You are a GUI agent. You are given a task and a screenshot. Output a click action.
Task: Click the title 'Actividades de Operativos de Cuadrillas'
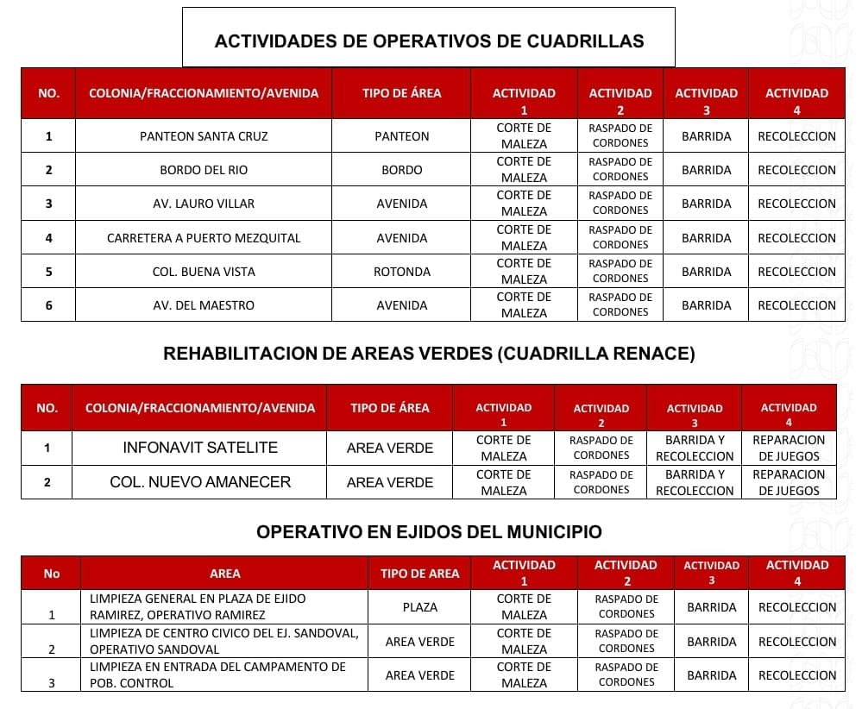pyautogui.click(x=429, y=41)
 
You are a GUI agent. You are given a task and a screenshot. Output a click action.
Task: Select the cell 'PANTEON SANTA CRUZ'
pyautogui.click(x=204, y=136)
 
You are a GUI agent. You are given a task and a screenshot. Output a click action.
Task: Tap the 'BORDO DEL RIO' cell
pyautogui.click(x=204, y=170)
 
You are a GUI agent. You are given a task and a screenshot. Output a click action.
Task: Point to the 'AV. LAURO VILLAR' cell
pyautogui.click(x=204, y=204)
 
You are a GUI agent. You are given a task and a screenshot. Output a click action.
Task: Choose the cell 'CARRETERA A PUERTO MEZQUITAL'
pyautogui.click(x=204, y=238)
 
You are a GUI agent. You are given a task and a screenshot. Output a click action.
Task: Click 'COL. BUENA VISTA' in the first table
pyautogui.click(x=204, y=272)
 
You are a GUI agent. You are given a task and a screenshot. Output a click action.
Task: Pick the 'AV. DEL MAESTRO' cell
pyautogui.click(x=204, y=305)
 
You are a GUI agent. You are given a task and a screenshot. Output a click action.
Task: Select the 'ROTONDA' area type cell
pyautogui.click(x=401, y=272)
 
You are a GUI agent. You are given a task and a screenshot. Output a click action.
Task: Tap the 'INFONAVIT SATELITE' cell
pyautogui.click(x=200, y=448)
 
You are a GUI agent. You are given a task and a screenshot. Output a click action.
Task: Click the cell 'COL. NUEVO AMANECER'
pyautogui.click(x=200, y=482)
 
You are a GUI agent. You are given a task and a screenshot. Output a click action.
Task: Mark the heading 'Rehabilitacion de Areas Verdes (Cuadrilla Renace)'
pyautogui.click(x=429, y=354)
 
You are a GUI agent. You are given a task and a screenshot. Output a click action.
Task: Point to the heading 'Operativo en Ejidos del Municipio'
pyautogui.click(x=429, y=532)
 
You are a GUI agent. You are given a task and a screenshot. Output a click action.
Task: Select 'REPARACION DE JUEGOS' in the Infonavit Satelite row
pyautogui.click(x=789, y=448)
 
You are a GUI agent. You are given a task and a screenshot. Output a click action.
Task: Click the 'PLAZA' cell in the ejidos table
pyautogui.click(x=420, y=607)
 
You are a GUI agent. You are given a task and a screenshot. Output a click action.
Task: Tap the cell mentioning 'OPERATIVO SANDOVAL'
pyautogui.click(x=223, y=641)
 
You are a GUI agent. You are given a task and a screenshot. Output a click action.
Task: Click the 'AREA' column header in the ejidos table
pyautogui.click(x=225, y=574)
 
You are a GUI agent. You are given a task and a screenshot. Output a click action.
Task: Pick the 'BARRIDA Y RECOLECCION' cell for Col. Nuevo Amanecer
pyautogui.click(x=695, y=482)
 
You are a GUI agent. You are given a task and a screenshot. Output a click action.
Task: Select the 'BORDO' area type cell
pyautogui.click(x=401, y=170)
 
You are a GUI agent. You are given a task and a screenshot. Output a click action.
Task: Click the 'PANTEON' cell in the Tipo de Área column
pyautogui.click(x=401, y=136)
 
